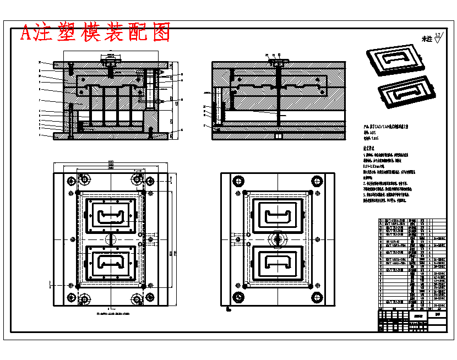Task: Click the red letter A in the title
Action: point(26,34)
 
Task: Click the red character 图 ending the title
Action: point(160,33)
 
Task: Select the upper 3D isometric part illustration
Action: point(392,61)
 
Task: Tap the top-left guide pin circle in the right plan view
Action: point(238,181)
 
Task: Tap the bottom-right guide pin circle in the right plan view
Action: point(317,298)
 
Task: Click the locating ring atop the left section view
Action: point(110,57)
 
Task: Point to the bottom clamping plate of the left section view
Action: point(110,135)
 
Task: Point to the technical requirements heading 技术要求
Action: point(369,149)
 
